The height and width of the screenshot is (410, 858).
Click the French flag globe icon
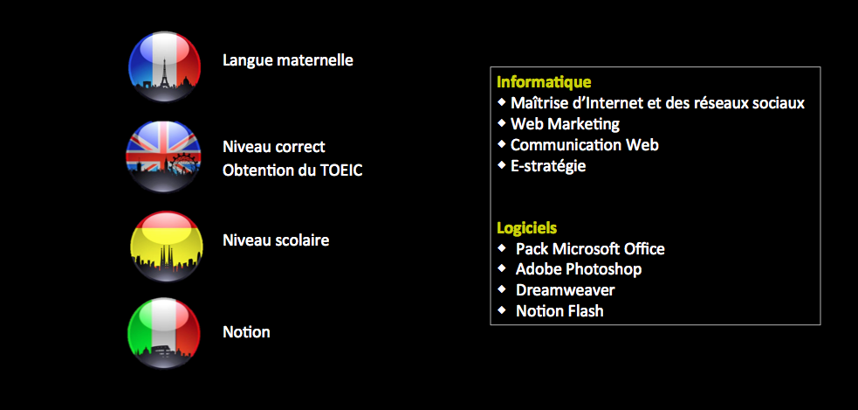tap(165, 66)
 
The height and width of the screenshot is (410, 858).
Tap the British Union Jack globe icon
tap(163, 156)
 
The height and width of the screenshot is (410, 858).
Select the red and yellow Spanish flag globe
tap(167, 247)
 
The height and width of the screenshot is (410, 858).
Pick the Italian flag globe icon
tap(164, 333)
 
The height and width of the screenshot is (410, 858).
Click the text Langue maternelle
tap(288, 60)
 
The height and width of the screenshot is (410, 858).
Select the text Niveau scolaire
tap(276, 240)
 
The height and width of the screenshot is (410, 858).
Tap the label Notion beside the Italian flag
tap(246, 332)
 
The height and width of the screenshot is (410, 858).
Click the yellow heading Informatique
tap(544, 82)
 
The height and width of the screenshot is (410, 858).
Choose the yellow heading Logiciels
tap(527, 228)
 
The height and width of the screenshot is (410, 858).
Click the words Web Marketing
tap(566, 124)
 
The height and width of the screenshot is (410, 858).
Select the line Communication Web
tap(585, 145)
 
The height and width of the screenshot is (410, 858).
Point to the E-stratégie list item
tap(548, 166)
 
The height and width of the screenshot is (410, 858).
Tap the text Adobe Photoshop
tap(579, 269)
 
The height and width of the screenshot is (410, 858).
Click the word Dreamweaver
tap(566, 290)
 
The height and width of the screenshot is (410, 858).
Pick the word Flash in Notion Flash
tap(585, 311)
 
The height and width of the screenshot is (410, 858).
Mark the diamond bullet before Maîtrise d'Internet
tap(502, 102)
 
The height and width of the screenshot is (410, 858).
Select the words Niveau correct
tap(273, 147)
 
